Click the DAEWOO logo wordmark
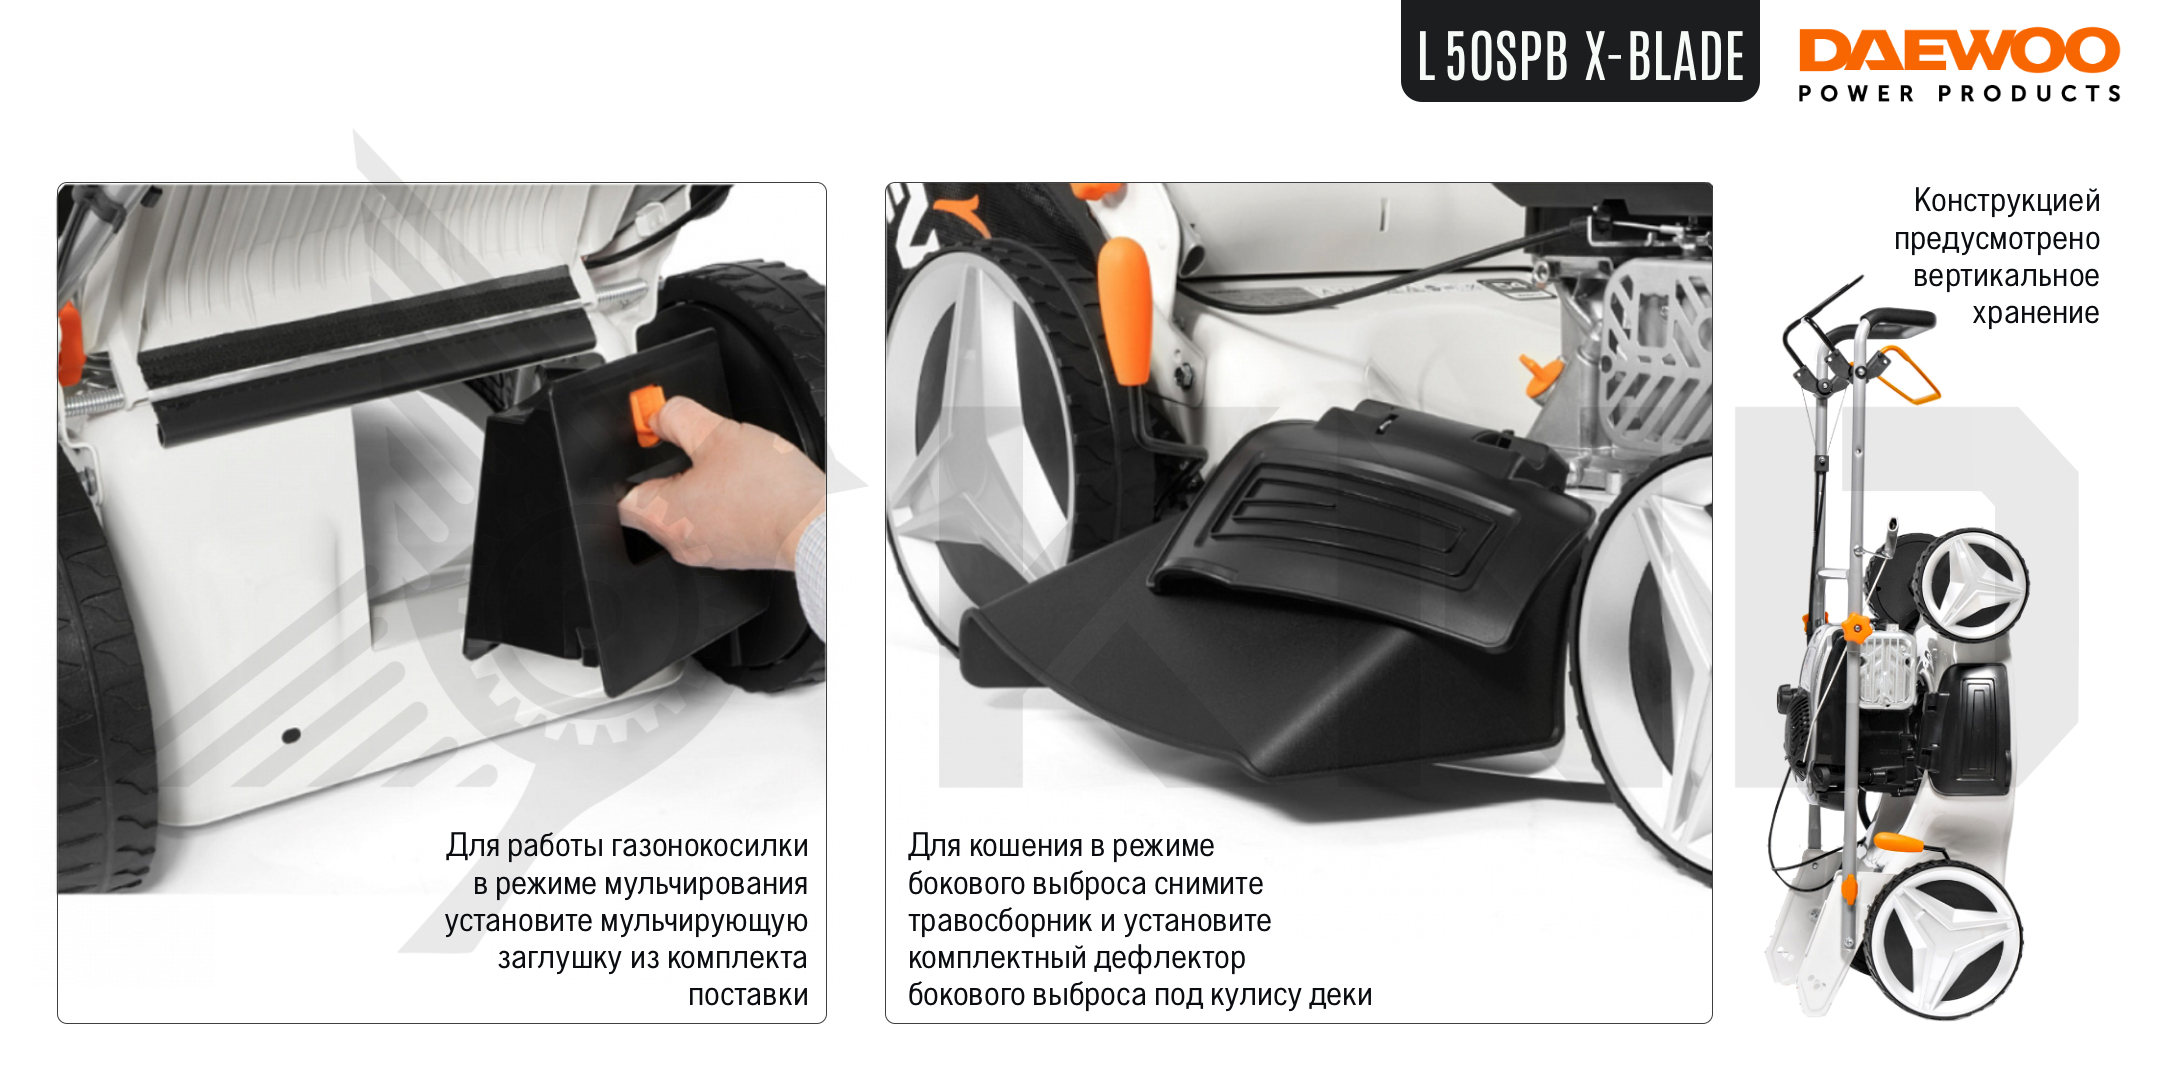tap(1959, 50)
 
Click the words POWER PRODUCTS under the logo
tap(1959, 94)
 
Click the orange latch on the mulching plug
tap(645, 415)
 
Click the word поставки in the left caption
tap(748, 995)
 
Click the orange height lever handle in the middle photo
tap(1125, 310)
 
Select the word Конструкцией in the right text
tap(2006, 201)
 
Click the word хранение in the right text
tap(2035, 313)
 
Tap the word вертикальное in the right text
tap(2006, 276)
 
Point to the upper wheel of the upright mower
tap(1973, 585)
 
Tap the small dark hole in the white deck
tap(291, 736)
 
